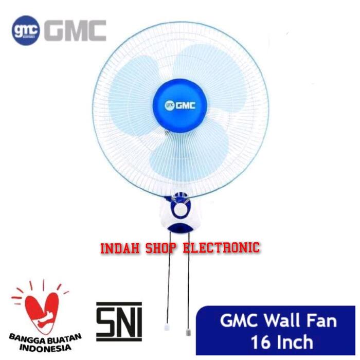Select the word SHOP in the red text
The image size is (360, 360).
coord(165,248)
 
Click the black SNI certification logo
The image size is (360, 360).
coord(119,320)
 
